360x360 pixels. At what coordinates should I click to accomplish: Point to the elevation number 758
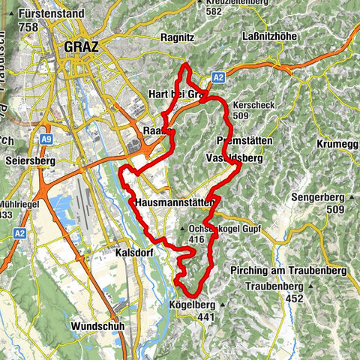pyautogui.click(x=29, y=27)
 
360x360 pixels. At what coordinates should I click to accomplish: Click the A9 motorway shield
pyautogui.click(x=47, y=139)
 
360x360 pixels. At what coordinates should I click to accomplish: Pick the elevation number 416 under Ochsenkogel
pyautogui.click(x=197, y=239)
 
